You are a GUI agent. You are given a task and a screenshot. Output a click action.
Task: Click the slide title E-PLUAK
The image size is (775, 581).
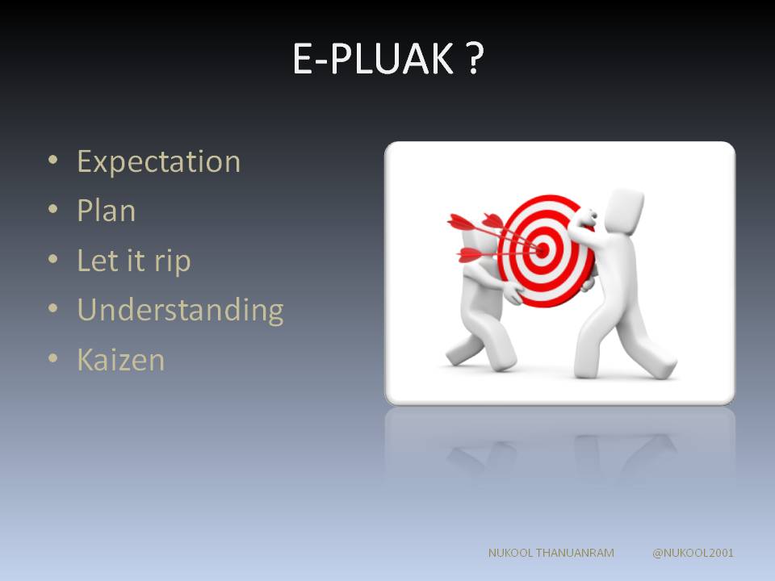pyautogui.click(x=373, y=58)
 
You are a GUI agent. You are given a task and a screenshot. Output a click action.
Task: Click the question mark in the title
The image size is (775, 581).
pyautogui.click(x=474, y=58)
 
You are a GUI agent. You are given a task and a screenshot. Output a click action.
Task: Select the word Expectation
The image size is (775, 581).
pyautogui.click(x=159, y=162)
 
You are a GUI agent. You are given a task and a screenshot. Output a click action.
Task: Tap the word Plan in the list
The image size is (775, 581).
pyautogui.click(x=107, y=211)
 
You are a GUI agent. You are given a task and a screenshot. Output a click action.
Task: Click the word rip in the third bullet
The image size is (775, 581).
pyautogui.click(x=172, y=261)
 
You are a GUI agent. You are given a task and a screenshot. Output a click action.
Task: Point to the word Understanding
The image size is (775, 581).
pyautogui.click(x=180, y=311)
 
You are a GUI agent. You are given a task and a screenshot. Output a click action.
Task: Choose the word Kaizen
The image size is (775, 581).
pyautogui.click(x=120, y=360)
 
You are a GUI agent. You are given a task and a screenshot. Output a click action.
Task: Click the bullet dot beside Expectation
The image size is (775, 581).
pyautogui.click(x=53, y=160)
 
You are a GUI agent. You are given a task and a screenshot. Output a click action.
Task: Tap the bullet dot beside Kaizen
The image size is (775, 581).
pyautogui.click(x=53, y=357)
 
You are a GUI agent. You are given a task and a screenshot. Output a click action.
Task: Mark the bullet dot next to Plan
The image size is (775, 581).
pyautogui.click(x=53, y=209)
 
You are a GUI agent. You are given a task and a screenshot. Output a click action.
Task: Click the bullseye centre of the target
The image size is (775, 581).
pyautogui.click(x=542, y=250)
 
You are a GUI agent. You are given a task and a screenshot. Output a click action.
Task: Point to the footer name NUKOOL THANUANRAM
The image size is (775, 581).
pyautogui.click(x=551, y=553)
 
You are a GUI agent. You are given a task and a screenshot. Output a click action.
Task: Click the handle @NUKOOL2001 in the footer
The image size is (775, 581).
pyautogui.click(x=693, y=553)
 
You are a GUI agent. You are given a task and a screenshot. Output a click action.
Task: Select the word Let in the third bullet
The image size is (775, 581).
pyautogui.click(x=98, y=261)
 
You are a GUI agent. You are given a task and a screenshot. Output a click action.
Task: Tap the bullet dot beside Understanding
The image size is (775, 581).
pyautogui.click(x=53, y=308)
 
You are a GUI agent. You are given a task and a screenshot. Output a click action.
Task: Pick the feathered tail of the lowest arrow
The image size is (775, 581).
pyautogui.click(x=470, y=255)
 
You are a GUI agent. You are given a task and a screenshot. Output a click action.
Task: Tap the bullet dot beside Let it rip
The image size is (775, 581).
pyautogui.click(x=53, y=259)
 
